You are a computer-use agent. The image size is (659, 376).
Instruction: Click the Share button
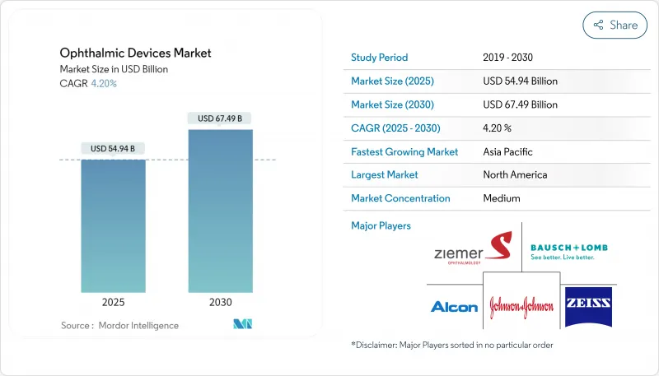[x=615, y=26]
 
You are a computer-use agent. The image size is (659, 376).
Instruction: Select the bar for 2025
[x=114, y=225]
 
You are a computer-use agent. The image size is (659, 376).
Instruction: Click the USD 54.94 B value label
[x=114, y=148]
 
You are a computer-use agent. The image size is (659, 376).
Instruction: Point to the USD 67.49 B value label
[x=220, y=118]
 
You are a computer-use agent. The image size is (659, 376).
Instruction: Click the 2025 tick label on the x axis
[x=114, y=302]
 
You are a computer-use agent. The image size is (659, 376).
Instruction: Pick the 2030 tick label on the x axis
[x=220, y=302]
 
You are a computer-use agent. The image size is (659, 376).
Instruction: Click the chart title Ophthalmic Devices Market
[x=135, y=53]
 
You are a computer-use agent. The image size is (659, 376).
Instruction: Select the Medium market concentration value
[x=502, y=198]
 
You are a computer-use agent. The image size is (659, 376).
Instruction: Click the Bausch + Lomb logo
[x=569, y=251]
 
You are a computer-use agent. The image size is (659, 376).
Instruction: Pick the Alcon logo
[x=454, y=306]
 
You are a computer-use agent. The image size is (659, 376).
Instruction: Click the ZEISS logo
[x=588, y=305]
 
